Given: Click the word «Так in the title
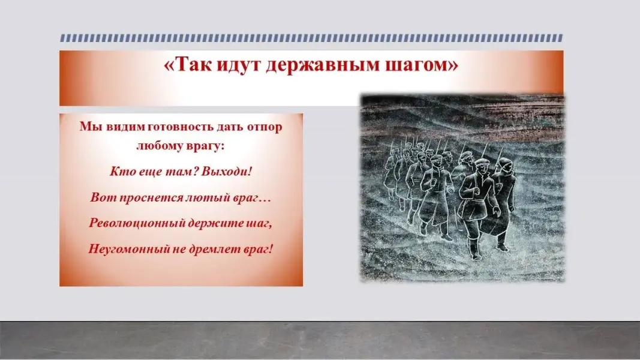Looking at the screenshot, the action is [x=187, y=64].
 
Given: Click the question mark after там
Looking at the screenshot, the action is [x=195, y=171].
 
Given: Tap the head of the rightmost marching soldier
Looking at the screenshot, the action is [x=505, y=166].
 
